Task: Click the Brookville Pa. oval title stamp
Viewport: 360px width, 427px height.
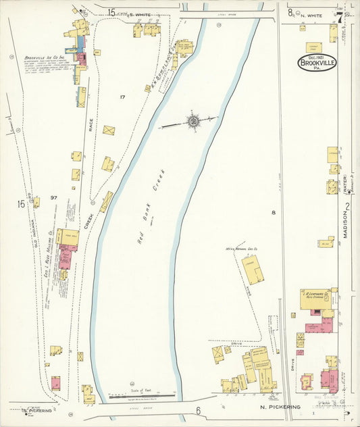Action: click(317, 63)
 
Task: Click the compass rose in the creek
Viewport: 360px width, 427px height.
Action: click(193, 121)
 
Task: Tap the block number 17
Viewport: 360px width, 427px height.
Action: click(122, 97)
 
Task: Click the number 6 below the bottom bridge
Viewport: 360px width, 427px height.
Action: click(199, 410)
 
